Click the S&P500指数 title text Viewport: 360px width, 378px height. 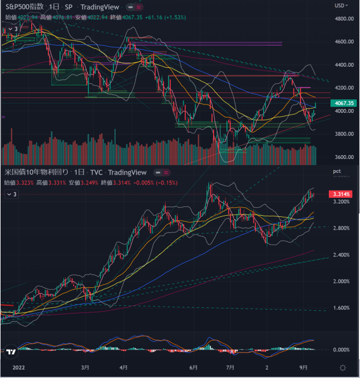click(x=24, y=7)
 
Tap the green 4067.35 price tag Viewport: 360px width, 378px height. click(x=343, y=103)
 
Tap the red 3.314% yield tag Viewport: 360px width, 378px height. click(x=341, y=194)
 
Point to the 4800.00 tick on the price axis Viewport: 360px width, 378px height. click(x=344, y=19)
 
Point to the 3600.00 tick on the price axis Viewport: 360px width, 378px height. click(x=344, y=157)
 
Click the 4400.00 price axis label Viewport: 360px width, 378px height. click(x=344, y=65)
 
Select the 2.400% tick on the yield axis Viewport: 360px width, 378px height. click(x=342, y=255)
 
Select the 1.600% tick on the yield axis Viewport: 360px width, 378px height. click(x=342, y=308)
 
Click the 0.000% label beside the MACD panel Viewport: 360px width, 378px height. click(x=342, y=350)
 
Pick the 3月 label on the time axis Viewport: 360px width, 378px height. click(x=85, y=368)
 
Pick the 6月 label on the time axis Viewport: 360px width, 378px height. click(x=194, y=368)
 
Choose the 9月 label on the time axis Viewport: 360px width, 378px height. click(x=303, y=368)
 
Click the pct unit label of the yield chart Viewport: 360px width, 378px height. click(x=337, y=172)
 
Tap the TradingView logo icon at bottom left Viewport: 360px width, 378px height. click(x=11, y=351)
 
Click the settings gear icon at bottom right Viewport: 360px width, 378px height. click(x=343, y=368)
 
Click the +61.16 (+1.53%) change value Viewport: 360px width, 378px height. click(x=166, y=17)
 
